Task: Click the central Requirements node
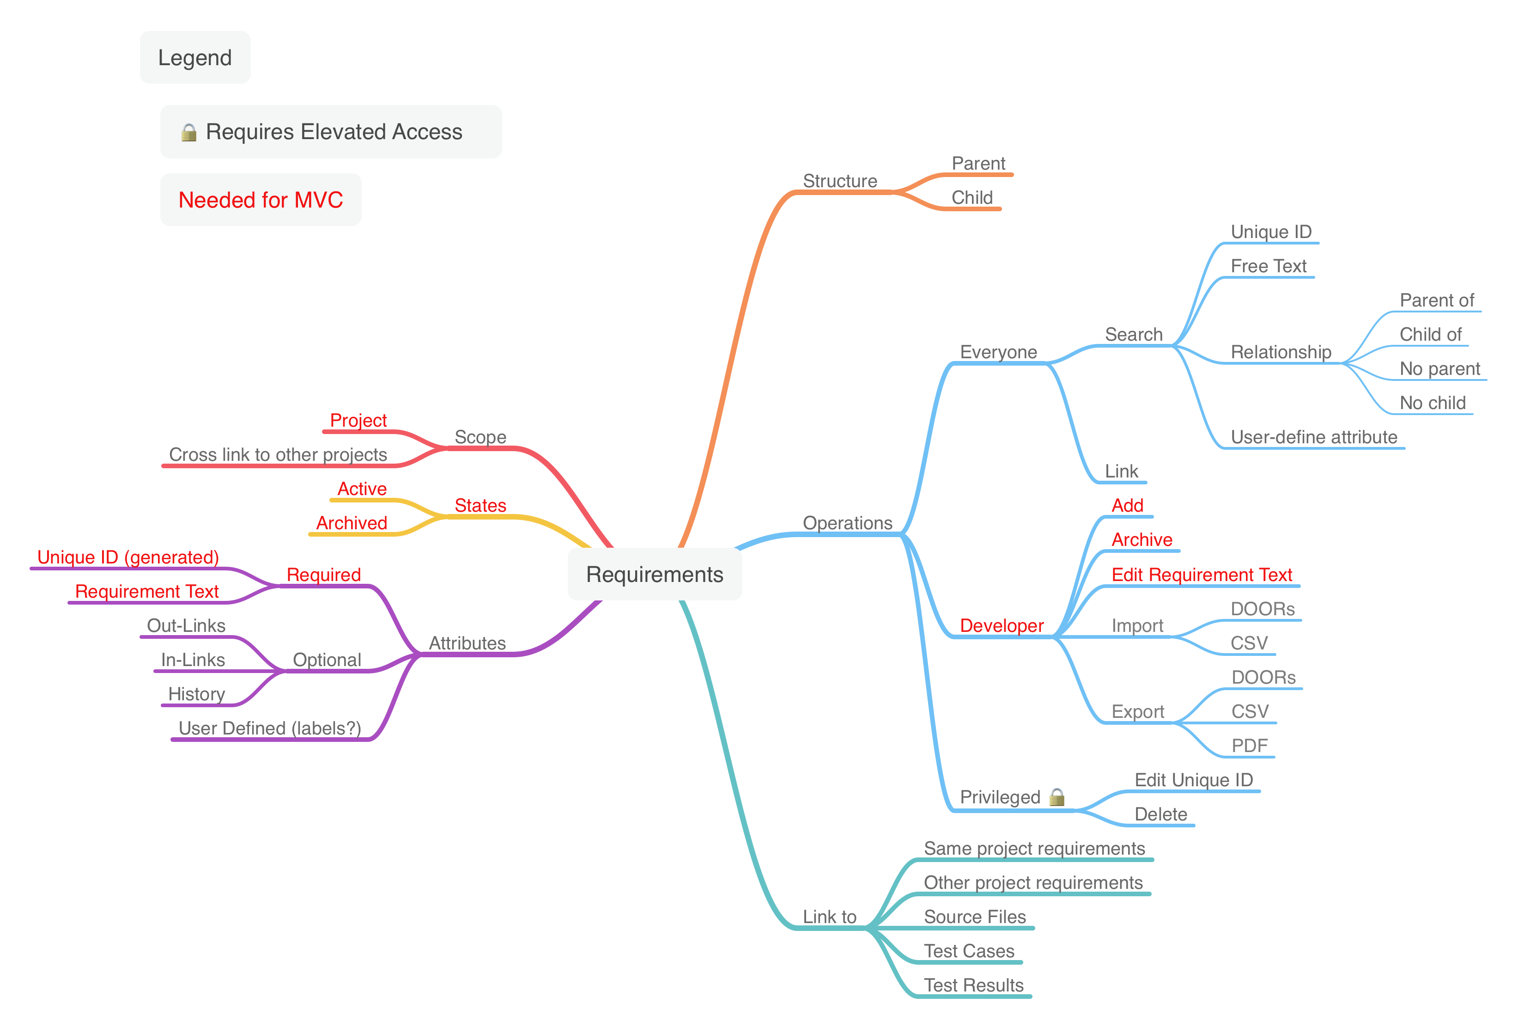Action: click(655, 575)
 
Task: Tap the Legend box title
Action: click(194, 57)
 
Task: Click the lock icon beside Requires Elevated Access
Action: click(189, 133)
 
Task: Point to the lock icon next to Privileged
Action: click(1056, 796)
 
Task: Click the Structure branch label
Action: click(840, 181)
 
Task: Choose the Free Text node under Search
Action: click(1269, 266)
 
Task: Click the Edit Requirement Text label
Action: click(1202, 575)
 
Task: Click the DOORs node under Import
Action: click(1263, 609)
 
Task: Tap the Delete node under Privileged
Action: click(1161, 814)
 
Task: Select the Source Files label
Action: click(975, 917)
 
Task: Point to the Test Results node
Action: click(973, 985)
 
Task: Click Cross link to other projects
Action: click(278, 455)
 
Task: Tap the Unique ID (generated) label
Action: click(128, 557)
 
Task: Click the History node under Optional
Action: click(197, 694)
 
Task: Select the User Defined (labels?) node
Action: click(270, 728)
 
